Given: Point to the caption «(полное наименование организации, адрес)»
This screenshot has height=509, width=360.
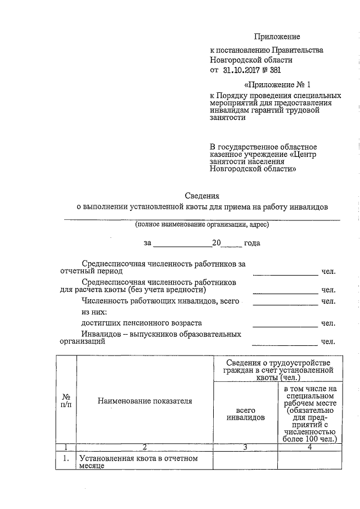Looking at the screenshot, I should pyautogui.click(x=201, y=225).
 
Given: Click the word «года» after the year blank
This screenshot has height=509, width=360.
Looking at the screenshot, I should pyautogui.click(x=251, y=244).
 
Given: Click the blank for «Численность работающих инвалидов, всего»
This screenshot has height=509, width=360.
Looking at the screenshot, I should pyautogui.click(x=285, y=303).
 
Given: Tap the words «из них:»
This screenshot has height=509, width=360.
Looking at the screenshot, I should pyautogui.click(x=94, y=312).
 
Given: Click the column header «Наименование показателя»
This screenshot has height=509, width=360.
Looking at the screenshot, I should pyautogui.click(x=145, y=401).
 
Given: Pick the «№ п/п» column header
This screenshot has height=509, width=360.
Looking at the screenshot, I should pyautogui.click(x=65, y=400).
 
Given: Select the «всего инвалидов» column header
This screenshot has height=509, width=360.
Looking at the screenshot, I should pyautogui.click(x=245, y=415).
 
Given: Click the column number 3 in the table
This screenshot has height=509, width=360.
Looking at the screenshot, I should pyautogui.click(x=245, y=447).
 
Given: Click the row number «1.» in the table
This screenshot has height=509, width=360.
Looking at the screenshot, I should pyautogui.click(x=65, y=458).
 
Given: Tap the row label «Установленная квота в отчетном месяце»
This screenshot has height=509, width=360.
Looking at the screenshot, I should pyautogui.click(x=138, y=462).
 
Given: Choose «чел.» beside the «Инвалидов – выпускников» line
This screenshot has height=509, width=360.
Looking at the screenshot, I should pyautogui.click(x=328, y=341).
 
